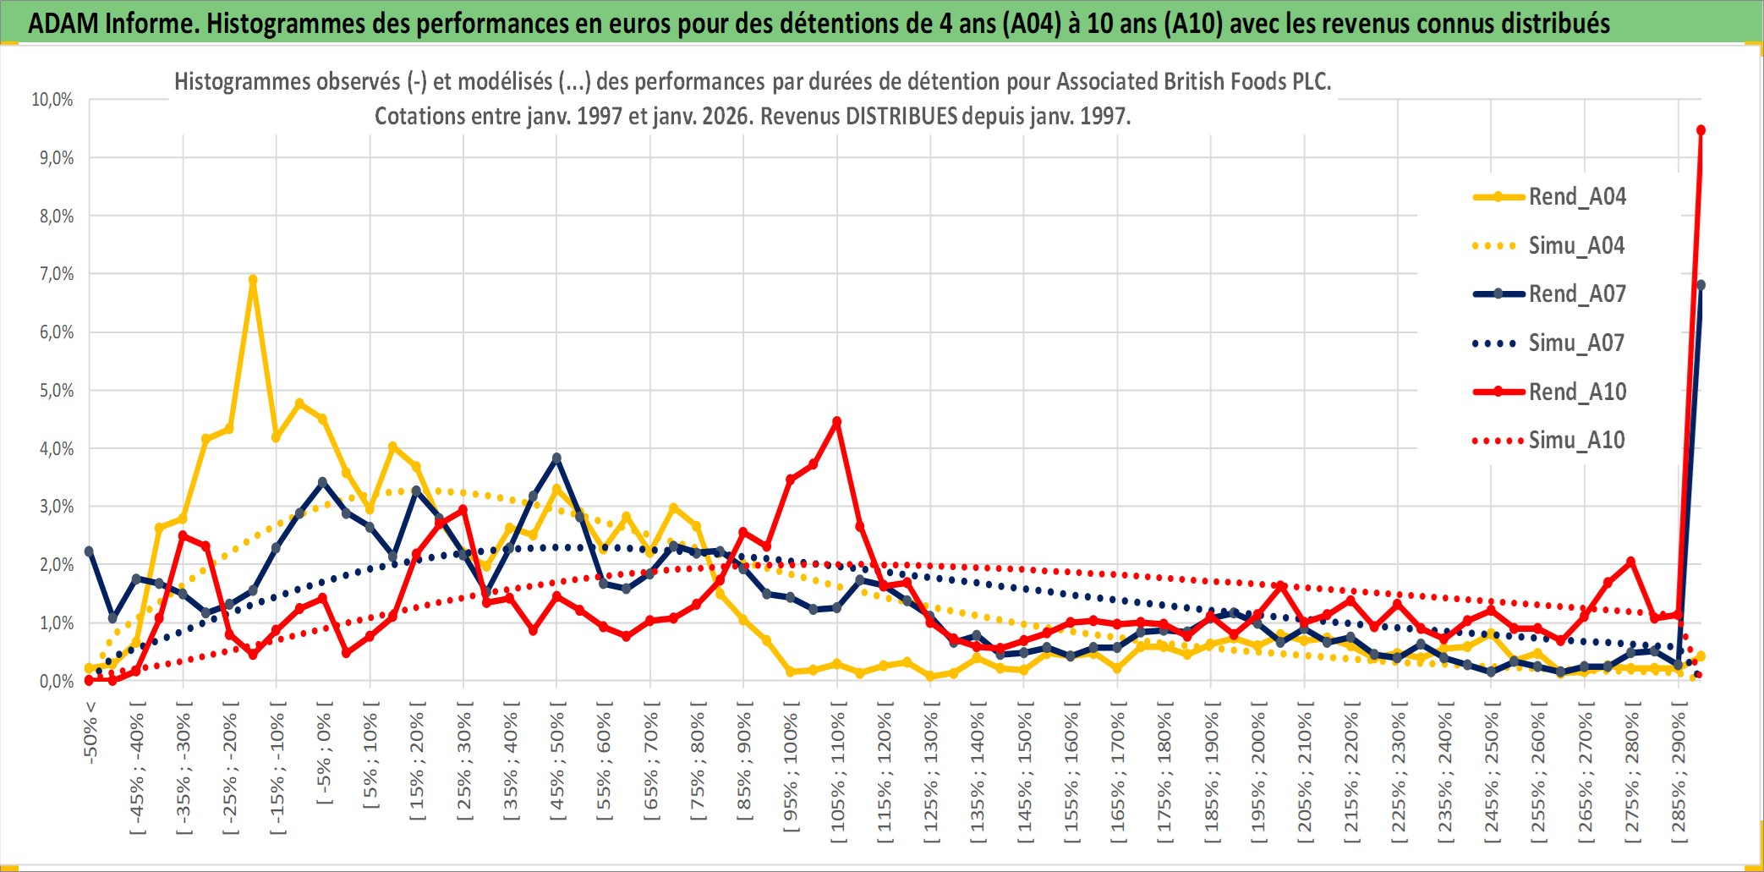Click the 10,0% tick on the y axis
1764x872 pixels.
tap(52, 100)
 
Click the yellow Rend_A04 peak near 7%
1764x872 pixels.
tap(253, 279)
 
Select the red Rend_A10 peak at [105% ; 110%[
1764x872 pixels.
tap(837, 421)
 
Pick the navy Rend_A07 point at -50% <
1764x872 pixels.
tap(89, 551)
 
